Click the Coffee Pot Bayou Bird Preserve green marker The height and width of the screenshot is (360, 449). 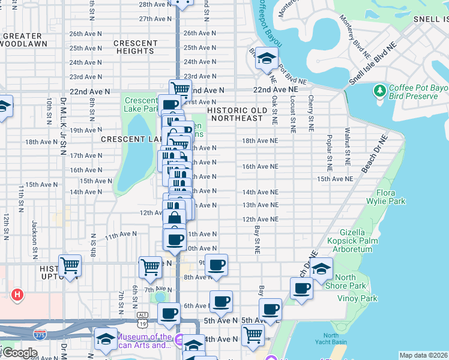[x=379, y=91]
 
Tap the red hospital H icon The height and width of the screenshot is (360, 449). [x=17, y=295]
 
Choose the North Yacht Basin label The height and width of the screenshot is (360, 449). [x=335, y=339]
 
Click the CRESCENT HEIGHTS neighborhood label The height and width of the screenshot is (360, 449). [x=135, y=47]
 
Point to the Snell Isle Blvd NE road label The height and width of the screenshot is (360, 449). [x=374, y=71]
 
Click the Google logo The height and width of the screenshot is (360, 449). [x=20, y=353]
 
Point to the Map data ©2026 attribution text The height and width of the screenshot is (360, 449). [x=423, y=355]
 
